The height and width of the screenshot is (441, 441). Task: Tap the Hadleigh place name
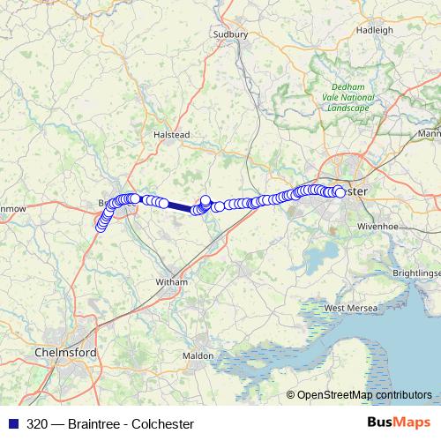tap(375, 29)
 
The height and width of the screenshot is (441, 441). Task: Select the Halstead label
tap(172, 134)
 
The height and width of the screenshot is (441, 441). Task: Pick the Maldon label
tap(198, 355)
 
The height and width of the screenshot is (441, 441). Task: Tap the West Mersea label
tap(350, 308)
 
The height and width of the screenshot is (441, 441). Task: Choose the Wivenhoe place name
tap(379, 227)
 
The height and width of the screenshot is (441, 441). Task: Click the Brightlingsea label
tap(416, 273)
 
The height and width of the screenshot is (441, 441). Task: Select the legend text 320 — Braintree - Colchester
tap(110, 424)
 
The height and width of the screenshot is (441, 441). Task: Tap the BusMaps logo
tap(398, 423)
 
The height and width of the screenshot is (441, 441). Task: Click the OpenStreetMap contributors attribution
tap(364, 394)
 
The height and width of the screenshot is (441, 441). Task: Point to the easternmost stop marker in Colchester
tap(340, 192)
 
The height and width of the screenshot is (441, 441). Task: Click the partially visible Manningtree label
tap(430, 134)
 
